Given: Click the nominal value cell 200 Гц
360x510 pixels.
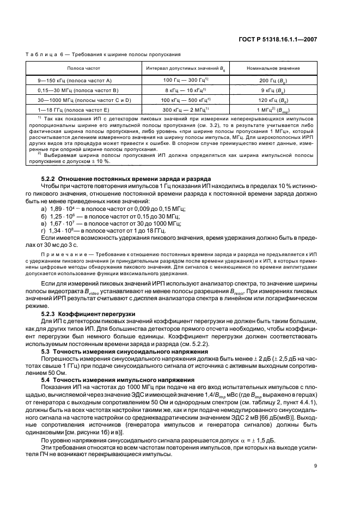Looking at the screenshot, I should point(280,80).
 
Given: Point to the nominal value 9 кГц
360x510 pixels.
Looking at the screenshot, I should point(280,90).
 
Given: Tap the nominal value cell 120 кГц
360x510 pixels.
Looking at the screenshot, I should point(280,100).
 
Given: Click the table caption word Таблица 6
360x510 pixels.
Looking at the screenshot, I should point(43,54).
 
